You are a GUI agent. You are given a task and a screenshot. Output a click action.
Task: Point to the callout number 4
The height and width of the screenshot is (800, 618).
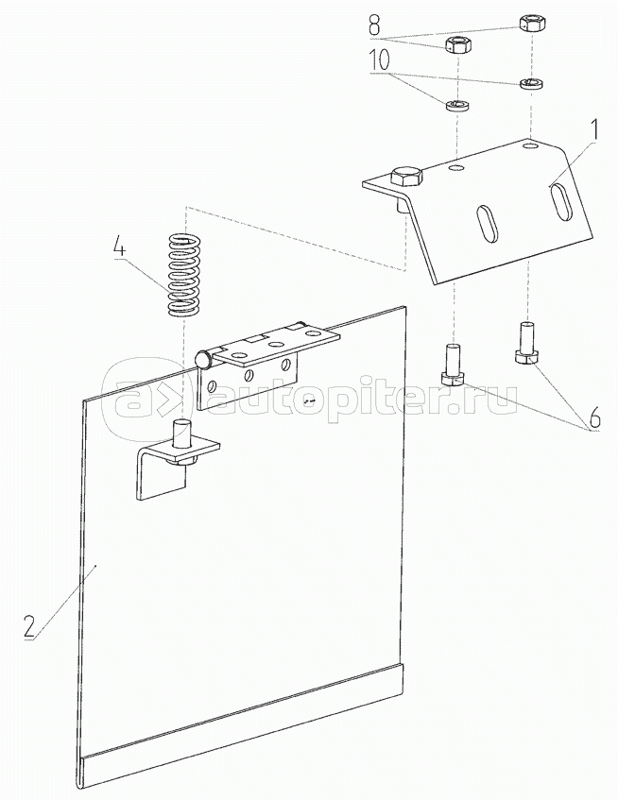119,247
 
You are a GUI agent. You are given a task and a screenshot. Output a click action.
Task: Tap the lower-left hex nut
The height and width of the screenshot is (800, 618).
457,44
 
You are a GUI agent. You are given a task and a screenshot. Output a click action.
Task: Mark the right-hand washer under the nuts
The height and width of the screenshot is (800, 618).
528,84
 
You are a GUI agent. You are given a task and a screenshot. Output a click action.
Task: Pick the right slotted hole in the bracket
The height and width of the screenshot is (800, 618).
559,202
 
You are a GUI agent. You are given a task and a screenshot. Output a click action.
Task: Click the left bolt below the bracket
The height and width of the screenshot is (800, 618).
452,365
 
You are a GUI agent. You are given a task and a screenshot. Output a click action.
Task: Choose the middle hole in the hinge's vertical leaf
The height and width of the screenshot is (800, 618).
249,377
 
